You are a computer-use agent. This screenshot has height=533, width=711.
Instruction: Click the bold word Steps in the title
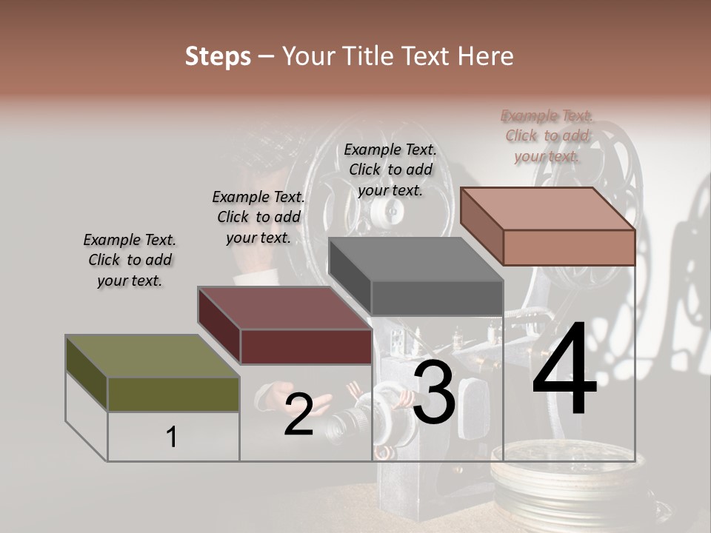[x=218, y=56]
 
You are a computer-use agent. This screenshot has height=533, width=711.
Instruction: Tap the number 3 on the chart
[x=433, y=394]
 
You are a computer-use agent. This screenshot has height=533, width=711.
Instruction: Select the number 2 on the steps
[x=298, y=415]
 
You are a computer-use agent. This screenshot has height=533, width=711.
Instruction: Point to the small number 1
[x=171, y=437]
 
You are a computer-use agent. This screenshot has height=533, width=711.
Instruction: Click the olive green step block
[x=153, y=374]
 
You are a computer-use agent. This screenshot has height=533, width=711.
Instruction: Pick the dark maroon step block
[x=285, y=326]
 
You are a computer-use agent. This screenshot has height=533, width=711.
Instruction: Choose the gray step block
[x=416, y=278]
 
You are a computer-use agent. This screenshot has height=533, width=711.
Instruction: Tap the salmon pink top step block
[x=548, y=227]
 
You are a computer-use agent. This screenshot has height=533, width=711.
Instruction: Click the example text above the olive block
[x=130, y=260]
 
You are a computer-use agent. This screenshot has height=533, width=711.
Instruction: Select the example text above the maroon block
[x=258, y=217]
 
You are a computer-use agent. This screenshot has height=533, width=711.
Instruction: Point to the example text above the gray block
[x=390, y=170]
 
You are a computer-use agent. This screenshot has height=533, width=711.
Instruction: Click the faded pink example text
[x=547, y=135]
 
